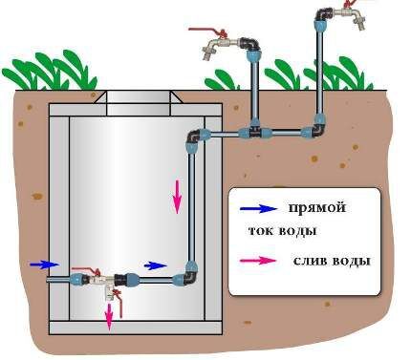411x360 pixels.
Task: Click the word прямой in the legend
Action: coord(316,209)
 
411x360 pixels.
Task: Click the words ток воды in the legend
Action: coord(282,230)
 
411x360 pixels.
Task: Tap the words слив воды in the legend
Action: coord(332,262)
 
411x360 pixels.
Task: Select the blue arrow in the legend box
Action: coord(258,208)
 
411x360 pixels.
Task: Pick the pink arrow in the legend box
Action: coord(258,261)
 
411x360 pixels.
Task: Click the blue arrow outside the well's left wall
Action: coord(45,265)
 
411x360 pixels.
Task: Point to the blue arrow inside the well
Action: coord(155,265)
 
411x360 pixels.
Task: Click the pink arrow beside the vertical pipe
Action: coord(177,197)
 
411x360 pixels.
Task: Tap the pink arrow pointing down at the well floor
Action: coord(109,317)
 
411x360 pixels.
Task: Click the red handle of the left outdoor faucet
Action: coord(207,31)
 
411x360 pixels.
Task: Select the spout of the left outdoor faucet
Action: coord(207,52)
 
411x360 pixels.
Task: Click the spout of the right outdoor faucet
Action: coord(360,21)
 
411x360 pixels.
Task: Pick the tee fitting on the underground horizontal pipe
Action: coord(254,130)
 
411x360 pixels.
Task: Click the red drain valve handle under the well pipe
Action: coord(119,303)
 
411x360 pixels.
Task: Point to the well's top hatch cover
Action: coord(139,102)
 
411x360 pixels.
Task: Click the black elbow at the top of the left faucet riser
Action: coord(250,46)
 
